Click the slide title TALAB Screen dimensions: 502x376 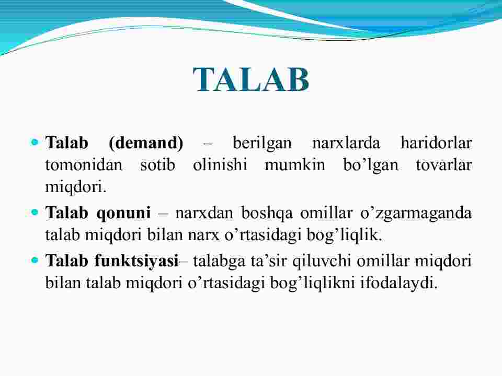[x=252, y=79]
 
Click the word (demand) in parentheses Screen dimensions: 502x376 [x=146, y=143]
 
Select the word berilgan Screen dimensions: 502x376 [x=262, y=144]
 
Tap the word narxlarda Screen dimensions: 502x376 [x=346, y=143]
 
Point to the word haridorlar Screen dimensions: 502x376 [x=436, y=143]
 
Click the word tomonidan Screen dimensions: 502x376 [x=84, y=165]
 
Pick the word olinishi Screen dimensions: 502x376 [x=220, y=165]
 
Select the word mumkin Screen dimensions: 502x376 [x=295, y=165]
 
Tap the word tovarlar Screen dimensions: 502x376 [x=444, y=165]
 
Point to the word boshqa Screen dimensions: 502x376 [x=267, y=213]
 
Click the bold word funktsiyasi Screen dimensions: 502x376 [x=136, y=261]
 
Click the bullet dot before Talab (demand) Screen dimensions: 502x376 [x=35, y=142]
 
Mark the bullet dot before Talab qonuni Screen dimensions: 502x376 [x=35, y=212]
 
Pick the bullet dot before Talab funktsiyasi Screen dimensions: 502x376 [x=35, y=260]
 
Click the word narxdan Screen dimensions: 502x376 [x=204, y=213]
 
